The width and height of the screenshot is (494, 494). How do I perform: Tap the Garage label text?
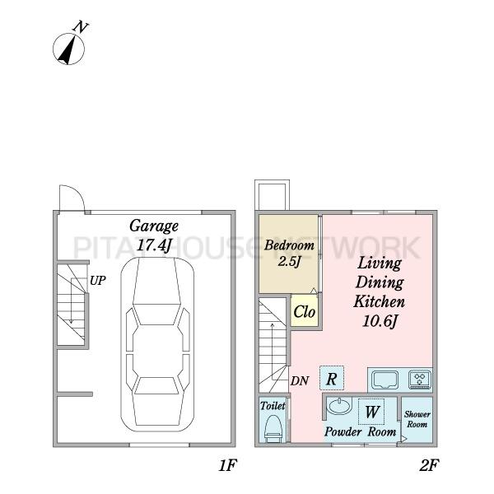(154, 226)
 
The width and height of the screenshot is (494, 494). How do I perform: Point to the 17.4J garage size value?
(154, 245)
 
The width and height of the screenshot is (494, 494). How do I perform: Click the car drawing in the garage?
(157, 344)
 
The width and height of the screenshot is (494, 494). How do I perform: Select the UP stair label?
(98, 281)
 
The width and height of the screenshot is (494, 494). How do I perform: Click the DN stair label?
(300, 381)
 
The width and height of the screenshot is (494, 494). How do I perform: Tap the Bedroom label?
(289, 245)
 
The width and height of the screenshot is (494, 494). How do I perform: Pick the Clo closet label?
(304, 312)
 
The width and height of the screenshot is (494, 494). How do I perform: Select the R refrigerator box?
(332, 378)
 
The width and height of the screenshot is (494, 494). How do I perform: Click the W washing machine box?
(371, 412)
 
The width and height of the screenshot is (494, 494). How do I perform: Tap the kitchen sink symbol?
(384, 380)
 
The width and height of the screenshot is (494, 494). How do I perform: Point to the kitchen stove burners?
(420, 379)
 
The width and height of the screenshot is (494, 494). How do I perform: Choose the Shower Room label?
(417, 419)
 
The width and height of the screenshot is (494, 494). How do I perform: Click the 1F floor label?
(227, 465)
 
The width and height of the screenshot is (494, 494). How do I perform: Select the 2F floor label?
(429, 465)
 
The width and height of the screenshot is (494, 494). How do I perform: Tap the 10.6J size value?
(380, 321)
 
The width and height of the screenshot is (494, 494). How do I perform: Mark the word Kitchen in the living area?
(379, 301)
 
